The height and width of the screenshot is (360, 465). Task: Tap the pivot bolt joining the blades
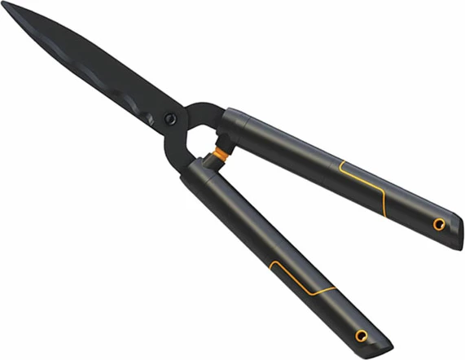[169, 119]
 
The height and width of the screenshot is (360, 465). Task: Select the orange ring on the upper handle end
[439, 224]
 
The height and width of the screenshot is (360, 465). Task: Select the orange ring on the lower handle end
[361, 336]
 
